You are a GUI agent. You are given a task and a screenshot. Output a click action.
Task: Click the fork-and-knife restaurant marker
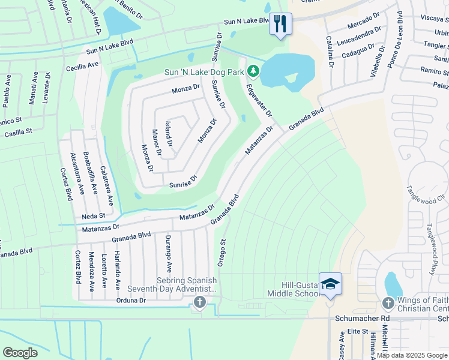click(x=280, y=24)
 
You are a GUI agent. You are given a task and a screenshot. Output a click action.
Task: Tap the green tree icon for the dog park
click(x=254, y=72)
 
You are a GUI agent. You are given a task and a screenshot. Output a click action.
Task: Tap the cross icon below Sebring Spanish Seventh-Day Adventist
click(x=200, y=303)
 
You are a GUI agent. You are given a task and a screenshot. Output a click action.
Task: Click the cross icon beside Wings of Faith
click(x=388, y=303)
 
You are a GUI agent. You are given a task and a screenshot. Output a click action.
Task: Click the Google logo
click(x=20, y=352)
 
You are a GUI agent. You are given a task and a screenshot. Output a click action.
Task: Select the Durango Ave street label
click(x=169, y=254)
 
